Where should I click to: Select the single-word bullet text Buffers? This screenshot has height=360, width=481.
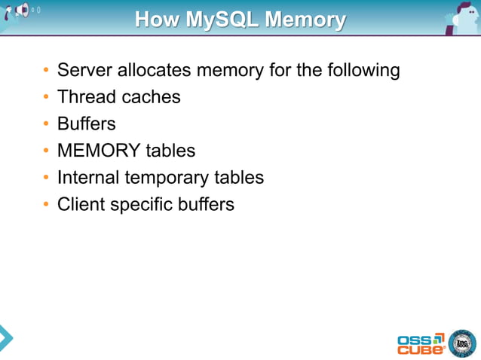click(86, 124)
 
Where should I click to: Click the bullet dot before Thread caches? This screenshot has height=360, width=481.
click(47, 98)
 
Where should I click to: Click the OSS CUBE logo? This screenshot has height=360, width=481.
click(420, 343)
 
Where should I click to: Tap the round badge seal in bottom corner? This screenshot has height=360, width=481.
click(461, 343)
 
